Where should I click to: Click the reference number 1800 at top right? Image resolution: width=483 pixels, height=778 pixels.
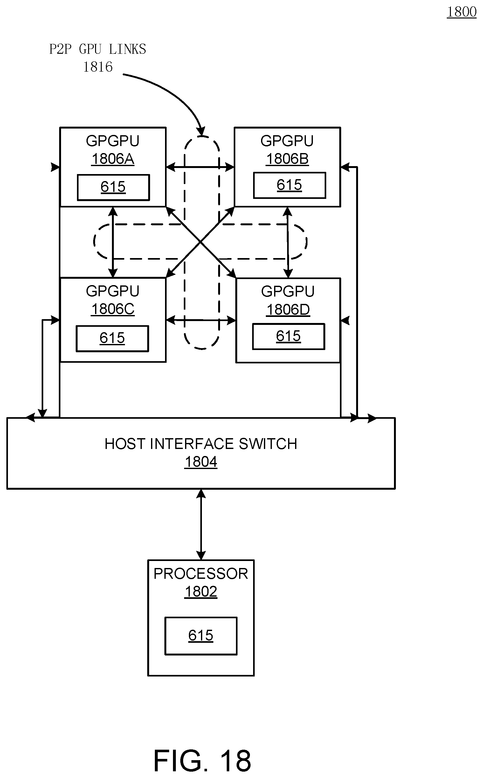coord(461,12)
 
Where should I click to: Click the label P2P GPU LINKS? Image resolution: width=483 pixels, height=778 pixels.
coord(97,49)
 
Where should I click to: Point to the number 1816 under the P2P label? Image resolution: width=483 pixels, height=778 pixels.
coord(98,67)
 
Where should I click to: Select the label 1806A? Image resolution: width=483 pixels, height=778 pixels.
coord(113,159)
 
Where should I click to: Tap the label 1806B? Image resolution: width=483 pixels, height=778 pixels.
coord(287,159)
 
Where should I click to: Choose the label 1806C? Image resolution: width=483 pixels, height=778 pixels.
coord(113,309)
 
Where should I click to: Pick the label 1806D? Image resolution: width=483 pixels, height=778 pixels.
coord(288,310)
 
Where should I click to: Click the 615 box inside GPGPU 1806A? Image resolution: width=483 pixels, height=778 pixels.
coord(114,187)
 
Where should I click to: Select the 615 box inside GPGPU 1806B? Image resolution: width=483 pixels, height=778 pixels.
coord(289,186)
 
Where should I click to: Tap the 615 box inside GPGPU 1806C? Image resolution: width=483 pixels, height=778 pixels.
coord(112,339)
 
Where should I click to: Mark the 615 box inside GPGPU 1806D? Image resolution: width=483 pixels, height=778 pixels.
coord(288,337)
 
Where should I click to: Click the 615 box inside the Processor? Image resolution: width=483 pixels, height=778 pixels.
coord(201,636)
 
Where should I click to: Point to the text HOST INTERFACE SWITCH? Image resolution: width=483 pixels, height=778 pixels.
coord(201,444)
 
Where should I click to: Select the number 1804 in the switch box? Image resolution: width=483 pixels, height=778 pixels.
coord(201,462)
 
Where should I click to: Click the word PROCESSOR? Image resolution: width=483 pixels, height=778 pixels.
coord(201,574)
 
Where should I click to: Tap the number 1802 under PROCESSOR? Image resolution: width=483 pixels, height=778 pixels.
coord(201,592)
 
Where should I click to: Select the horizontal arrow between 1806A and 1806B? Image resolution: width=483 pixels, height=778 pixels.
coord(200,167)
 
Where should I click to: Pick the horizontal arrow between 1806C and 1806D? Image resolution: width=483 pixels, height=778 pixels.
coord(201,320)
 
